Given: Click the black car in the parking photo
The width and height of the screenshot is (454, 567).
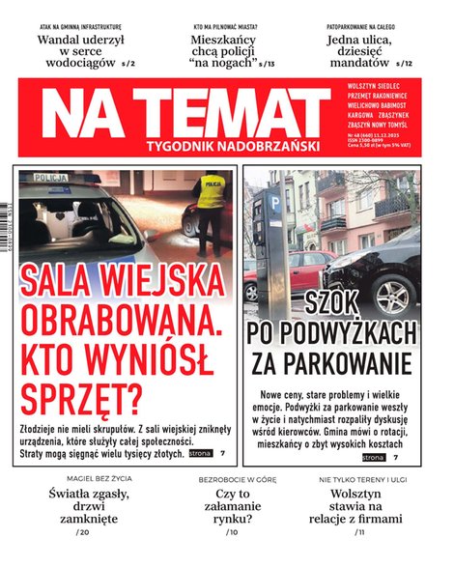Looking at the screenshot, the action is coord(387,274).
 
